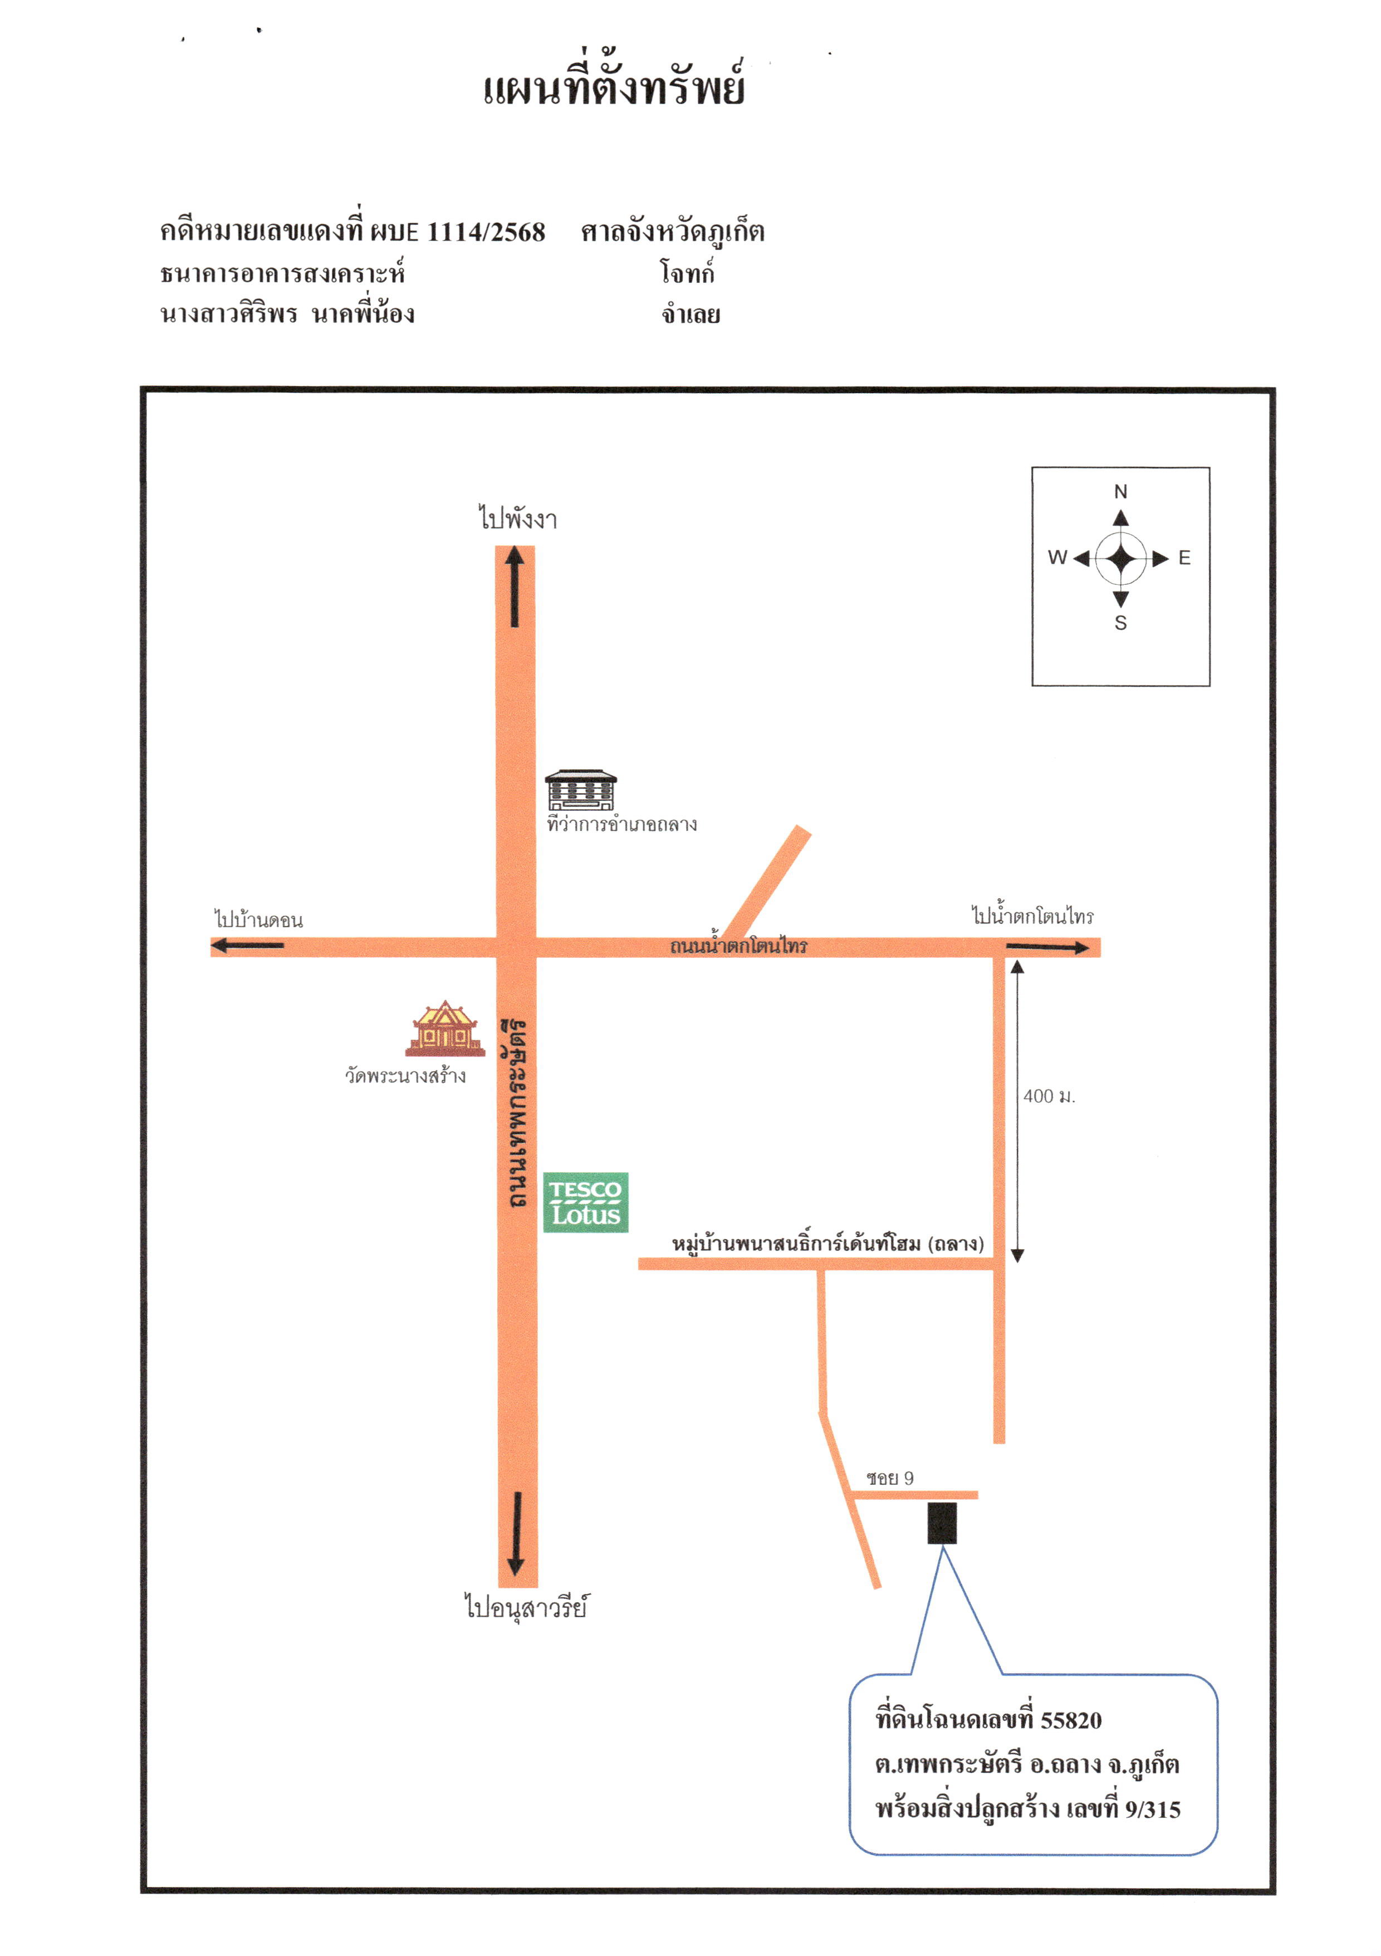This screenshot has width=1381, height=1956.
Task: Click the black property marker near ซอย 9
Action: tap(942, 1523)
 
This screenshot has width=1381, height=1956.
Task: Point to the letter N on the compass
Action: tap(1120, 492)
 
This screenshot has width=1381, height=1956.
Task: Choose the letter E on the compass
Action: tap(1184, 558)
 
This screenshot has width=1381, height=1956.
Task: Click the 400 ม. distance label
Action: tap(1049, 1097)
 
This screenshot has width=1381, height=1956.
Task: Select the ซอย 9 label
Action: tap(889, 1478)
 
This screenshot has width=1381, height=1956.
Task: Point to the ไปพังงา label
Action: tap(517, 518)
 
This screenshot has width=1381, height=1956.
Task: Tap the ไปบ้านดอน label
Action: tap(258, 919)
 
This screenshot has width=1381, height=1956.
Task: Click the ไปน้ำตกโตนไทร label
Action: tap(1032, 915)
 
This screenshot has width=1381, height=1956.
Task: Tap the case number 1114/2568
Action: tap(486, 232)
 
